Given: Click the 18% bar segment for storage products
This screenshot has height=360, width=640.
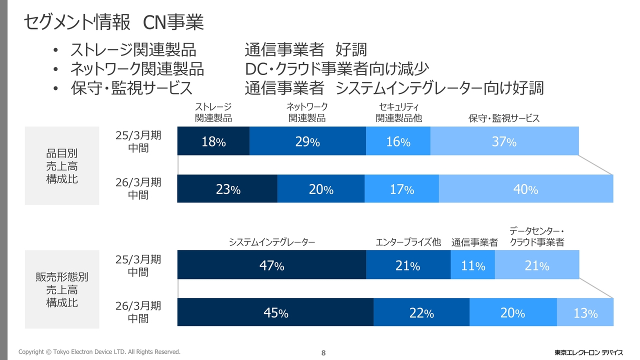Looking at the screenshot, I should [x=213, y=141].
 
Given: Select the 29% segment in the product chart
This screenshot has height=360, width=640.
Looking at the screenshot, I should [x=307, y=141].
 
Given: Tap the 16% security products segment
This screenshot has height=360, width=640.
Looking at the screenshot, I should [x=398, y=141].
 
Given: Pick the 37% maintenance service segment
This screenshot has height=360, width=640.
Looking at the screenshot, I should [x=504, y=141].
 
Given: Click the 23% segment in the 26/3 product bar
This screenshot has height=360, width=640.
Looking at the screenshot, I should [x=227, y=189].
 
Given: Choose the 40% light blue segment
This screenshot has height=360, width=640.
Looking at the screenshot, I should [x=525, y=189].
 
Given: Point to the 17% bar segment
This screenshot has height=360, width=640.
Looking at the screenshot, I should [x=401, y=189].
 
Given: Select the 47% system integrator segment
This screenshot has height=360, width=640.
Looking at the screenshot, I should [x=271, y=265].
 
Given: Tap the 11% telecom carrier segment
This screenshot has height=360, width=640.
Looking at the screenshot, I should [x=473, y=265].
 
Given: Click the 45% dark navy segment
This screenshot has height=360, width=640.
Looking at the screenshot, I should [x=275, y=312].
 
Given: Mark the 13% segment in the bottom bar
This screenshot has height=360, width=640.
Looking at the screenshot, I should [x=585, y=312].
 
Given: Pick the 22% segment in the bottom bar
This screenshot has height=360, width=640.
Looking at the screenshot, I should [x=421, y=312].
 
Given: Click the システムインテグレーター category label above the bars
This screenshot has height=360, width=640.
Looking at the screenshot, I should [x=272, y=242].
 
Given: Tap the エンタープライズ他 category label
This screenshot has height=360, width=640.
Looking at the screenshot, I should [x=408, y=242].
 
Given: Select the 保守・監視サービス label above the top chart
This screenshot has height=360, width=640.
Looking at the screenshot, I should [x=504, y=118].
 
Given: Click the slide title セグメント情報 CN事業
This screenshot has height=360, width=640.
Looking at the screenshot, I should [x=113, y=22].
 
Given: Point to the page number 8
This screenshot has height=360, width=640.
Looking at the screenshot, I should [x=323, y=353].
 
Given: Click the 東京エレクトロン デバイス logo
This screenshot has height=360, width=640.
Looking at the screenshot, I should [x=588, y=352].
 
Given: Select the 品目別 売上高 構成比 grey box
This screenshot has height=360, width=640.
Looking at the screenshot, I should [x=62, y=166].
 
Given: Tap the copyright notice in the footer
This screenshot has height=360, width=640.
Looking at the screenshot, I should [x=99, y=352].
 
